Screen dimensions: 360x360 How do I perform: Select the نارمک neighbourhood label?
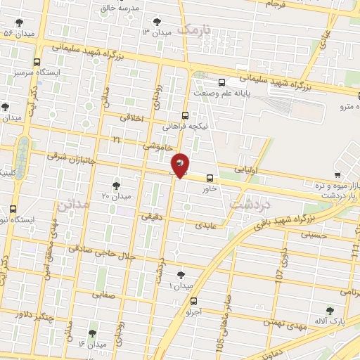[x=194, y=30]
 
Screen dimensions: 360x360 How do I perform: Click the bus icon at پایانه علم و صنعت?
[x=222, y=82]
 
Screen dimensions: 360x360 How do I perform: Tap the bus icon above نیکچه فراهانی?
[x=185, y=115]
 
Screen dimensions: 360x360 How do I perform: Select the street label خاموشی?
[x=157, y=147]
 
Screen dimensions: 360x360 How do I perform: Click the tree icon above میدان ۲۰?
[x=116, y=185]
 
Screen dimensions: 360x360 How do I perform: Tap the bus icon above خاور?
[x=209, y=178]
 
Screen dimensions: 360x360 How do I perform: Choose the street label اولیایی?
[x=250, y=169]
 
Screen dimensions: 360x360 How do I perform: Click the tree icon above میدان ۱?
[x=181, y=274]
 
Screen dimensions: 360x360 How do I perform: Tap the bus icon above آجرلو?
[x=194, y=301]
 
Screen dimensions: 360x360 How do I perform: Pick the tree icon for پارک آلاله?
[x=330, y=310]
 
